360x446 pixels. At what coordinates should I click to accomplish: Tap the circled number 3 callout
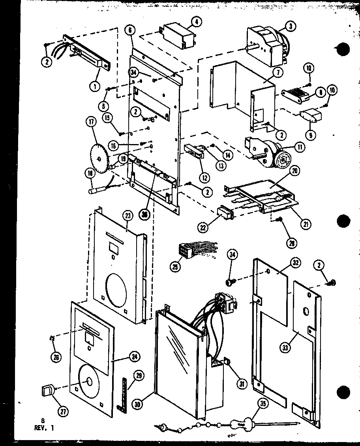291,27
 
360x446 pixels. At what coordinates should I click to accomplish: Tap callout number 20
294,171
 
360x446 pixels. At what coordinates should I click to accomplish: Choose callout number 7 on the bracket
276,73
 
